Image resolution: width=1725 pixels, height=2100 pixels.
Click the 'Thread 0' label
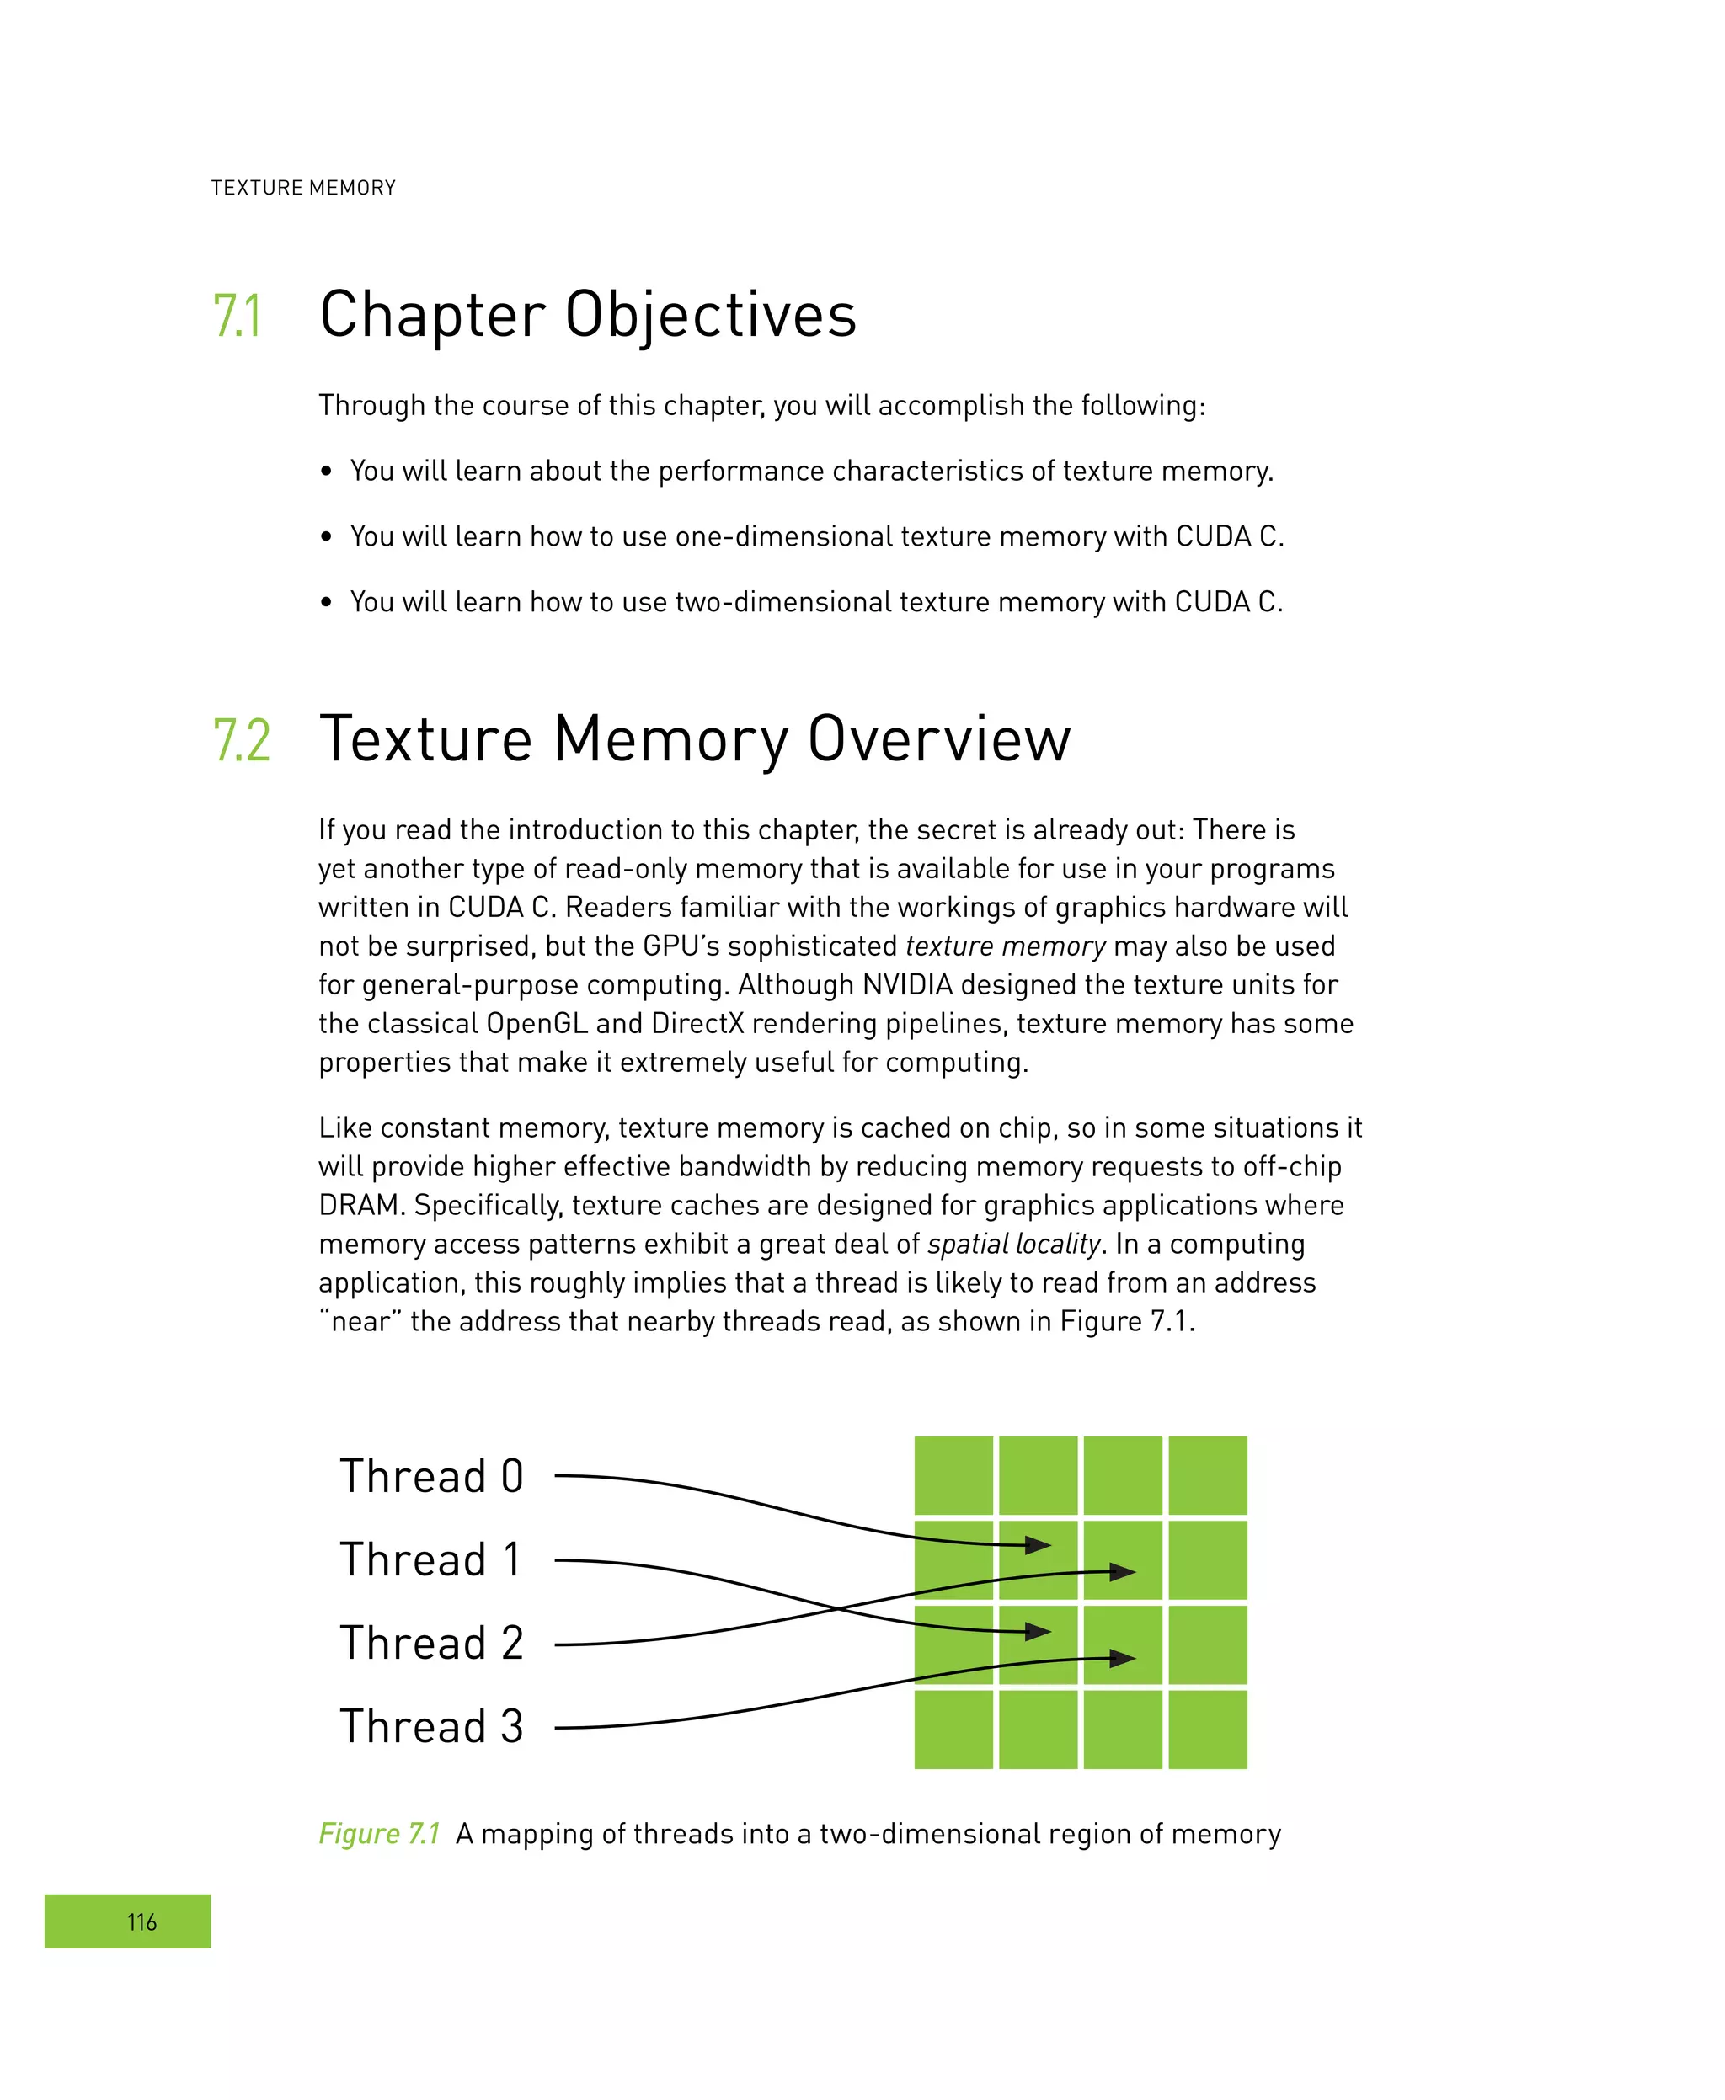tap(431, 1476)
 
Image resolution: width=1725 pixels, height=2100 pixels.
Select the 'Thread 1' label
tap(431, 1559)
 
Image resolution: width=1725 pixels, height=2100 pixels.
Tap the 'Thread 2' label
tap(431, 1643)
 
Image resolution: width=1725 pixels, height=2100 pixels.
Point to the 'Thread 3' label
tap(431, 1726)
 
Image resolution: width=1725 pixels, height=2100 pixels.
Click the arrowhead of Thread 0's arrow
tap(1039, 1545)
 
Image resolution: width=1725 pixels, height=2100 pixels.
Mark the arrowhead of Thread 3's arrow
tap(1124, 1658)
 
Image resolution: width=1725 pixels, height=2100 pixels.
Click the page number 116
tap(142, 1921)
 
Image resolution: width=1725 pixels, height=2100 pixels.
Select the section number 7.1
tap(238, 316)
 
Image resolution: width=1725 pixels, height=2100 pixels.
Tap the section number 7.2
tap(242, 740)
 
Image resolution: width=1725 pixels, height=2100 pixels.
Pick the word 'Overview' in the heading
tap(939, 740)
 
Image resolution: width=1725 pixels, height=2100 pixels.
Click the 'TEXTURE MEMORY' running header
tap(303, 188)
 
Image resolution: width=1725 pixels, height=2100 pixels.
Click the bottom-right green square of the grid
tap(1207, 1730)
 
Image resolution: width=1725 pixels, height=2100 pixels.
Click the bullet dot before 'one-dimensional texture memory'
tap(326, 537)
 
